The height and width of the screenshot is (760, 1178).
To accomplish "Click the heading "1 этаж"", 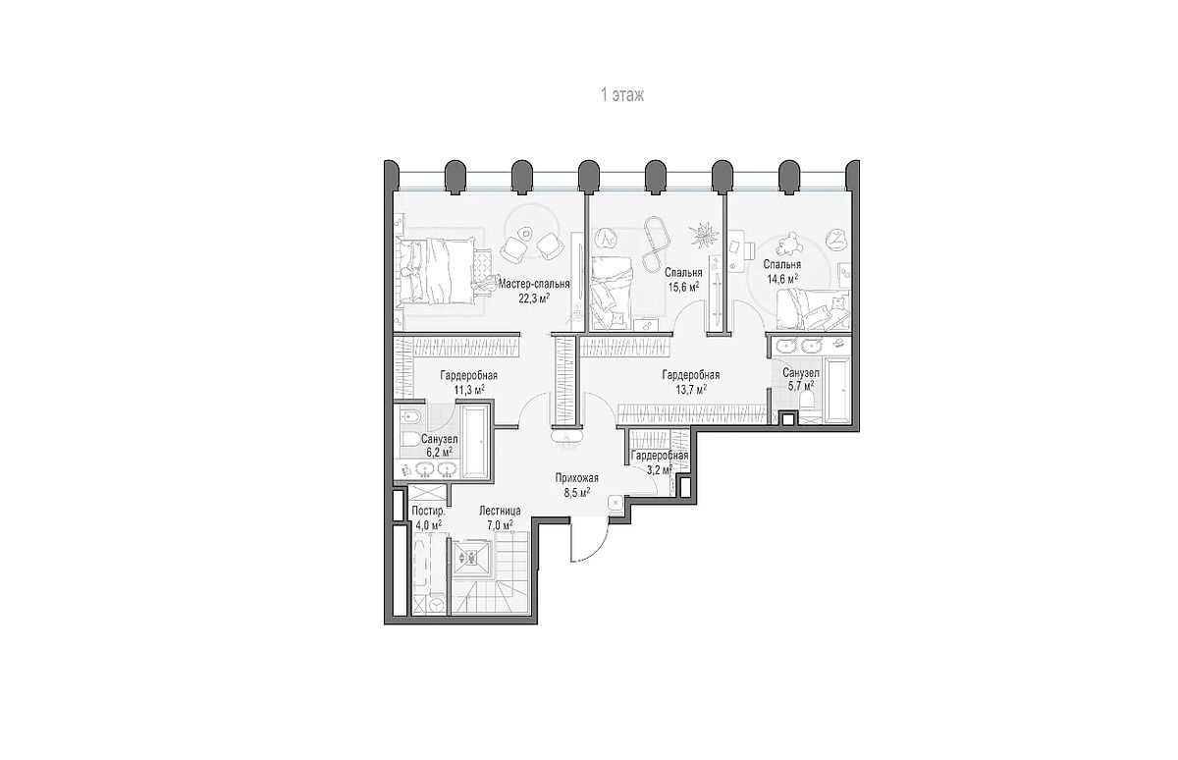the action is click(622, 95).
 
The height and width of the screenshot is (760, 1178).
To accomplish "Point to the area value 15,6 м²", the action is click(683, 287).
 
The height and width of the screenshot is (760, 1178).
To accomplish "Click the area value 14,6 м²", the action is click(782, 279).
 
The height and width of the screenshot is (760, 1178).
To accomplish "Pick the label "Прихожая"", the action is click(576, 478).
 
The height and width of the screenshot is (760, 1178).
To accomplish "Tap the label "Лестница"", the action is click(500, 511).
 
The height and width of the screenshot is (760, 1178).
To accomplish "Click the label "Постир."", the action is click(428, 511).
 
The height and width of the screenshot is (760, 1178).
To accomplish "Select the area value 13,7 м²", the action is click(690, 389).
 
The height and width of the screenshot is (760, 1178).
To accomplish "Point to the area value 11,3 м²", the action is click(468, 390).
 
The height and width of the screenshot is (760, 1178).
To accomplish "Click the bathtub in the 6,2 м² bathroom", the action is click(476, 442).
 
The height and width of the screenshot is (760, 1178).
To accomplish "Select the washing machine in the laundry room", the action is click(436, 605).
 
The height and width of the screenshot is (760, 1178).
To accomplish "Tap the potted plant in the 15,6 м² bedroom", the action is click(704, 235).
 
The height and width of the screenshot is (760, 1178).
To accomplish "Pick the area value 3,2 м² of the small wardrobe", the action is click(659, 469).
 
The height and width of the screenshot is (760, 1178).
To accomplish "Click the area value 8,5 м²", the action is click(576, 492).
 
